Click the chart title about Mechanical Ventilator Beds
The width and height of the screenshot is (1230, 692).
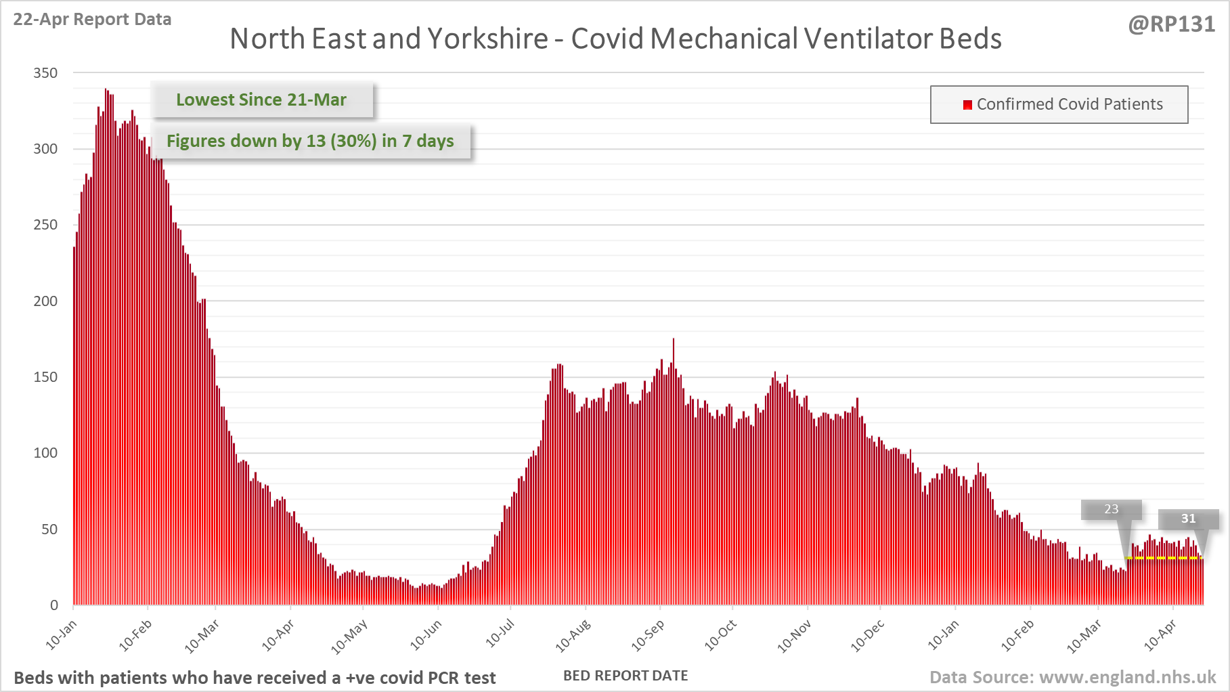tap(615, 39)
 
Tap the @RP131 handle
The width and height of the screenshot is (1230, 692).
tap(1171, 24)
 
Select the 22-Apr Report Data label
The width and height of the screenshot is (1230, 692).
tap(92, 20)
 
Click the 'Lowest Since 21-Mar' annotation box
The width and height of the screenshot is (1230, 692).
tap(261, 100)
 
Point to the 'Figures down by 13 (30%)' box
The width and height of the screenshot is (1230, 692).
tap(310, 141)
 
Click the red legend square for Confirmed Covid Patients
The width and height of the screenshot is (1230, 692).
tap(967, 104)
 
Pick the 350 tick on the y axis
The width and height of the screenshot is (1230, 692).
tap(45, 73)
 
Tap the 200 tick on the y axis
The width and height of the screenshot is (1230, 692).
tap(45, 301)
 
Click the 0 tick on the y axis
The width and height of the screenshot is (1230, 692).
tap(54, 605)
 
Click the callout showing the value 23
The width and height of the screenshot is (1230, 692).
tap(1112, 509)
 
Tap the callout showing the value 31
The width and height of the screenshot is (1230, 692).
tap(1188, 519)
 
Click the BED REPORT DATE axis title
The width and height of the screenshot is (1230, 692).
tap(625, 676)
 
